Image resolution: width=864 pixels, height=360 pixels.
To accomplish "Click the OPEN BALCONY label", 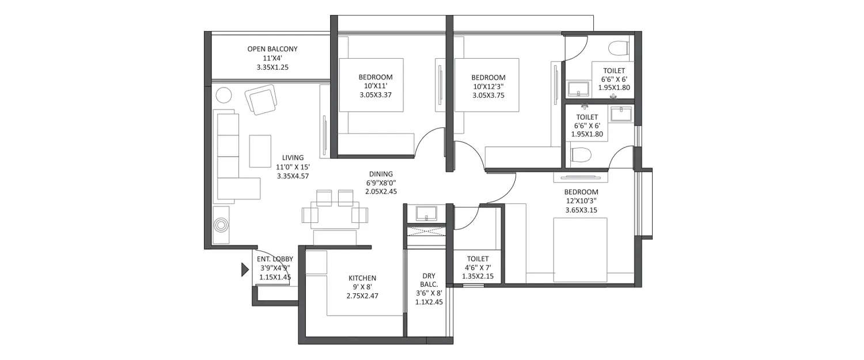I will click(x=272, y=50).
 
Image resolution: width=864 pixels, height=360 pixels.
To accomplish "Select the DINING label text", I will click(x=381, y=173).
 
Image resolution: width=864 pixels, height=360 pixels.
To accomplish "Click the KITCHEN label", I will click(x=362, y=278).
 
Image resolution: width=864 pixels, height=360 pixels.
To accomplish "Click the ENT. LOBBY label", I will click(x=275, y=259).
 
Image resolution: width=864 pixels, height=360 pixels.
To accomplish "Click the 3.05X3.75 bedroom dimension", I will click(x=488, y=96).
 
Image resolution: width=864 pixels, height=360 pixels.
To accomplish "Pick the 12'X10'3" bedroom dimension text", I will click(x=581, y=201).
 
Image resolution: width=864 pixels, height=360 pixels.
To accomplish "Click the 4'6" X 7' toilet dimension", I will click(x=478, y=268).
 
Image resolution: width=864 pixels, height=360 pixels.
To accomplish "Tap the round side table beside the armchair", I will click(x=223, y=94).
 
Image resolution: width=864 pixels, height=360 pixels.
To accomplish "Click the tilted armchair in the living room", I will click(x=262, y=100).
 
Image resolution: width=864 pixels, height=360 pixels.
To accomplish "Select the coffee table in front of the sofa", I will click(x=260, y=151).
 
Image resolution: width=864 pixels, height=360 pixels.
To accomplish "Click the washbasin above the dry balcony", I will click(x=426, y=213).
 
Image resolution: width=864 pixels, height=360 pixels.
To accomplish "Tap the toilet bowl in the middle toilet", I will click(x=581, y=154).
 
